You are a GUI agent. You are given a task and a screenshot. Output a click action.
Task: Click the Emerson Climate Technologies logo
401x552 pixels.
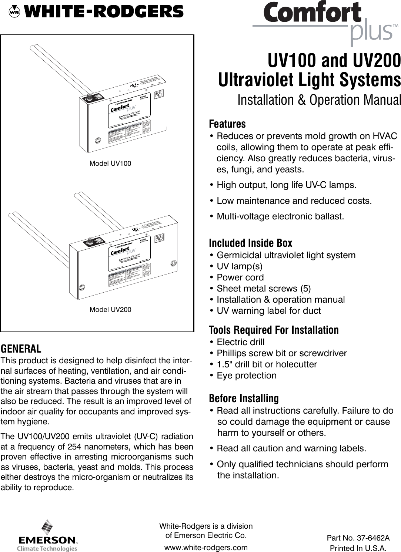click(47, 536)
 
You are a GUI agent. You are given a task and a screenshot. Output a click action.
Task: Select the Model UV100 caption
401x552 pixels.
click(110, 164)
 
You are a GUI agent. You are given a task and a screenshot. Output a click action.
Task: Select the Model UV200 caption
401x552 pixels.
click(110, 310)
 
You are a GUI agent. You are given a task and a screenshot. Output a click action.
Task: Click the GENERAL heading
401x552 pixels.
click(21, 349)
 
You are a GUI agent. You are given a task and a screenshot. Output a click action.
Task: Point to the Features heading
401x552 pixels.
click(227, 124)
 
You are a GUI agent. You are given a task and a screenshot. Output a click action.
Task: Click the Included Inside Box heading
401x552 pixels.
click(250, 243)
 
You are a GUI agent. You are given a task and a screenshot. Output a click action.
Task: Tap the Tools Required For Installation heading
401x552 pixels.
click(274, 330)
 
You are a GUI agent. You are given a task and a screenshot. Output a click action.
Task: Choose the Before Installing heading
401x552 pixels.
click(244, 398)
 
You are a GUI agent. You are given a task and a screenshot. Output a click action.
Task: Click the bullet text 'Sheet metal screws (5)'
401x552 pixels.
click(263, 289)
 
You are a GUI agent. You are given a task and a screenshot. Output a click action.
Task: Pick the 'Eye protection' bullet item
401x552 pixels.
click(246, 376)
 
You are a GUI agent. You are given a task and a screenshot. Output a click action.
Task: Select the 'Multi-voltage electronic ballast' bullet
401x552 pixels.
click(280, 216)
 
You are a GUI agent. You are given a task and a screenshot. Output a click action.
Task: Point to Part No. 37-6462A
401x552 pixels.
click(358, 538)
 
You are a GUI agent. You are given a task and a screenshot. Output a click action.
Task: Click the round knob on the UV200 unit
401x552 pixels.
click(89, 240)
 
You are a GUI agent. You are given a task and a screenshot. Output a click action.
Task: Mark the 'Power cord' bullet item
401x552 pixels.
click(240, 277)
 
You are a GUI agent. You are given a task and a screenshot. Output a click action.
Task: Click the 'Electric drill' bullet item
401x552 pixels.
click(240, 342)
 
